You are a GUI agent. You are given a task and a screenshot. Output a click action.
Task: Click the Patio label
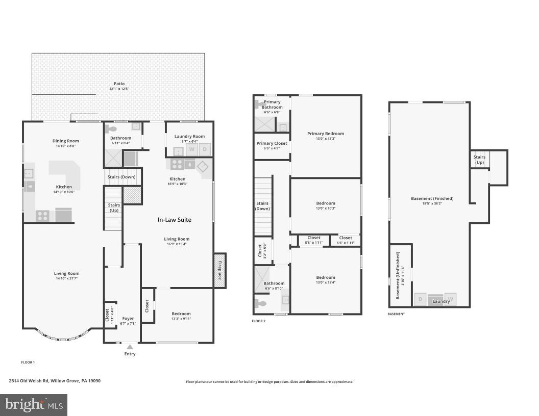tap(118, 84)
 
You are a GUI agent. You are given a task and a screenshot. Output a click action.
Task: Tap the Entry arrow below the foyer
tap(130, 347)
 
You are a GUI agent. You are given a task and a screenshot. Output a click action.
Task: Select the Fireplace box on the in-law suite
tap(220, 270)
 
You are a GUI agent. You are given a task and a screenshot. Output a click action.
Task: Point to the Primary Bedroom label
tap(326, 134)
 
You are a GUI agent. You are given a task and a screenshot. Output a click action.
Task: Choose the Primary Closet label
tap(272, 143)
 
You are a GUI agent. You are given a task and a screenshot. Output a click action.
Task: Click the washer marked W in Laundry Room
tap(192, 149)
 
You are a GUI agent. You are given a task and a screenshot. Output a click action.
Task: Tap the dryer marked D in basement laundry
tap(421, 299)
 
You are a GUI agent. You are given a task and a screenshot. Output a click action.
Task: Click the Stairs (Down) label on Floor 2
tap(262, 206)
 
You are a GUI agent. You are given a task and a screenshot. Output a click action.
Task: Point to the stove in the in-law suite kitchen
tap(177, 164)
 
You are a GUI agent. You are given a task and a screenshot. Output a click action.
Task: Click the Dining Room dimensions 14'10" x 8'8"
tap(66, 146)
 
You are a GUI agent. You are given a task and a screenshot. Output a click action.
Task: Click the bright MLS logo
tap(34, 405)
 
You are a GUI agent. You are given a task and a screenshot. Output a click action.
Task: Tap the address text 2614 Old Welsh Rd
tap(31, 381)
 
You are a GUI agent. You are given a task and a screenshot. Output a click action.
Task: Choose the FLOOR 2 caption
tap(259, 321)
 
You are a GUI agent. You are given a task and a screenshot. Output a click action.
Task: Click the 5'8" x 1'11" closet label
tap(314, 243)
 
